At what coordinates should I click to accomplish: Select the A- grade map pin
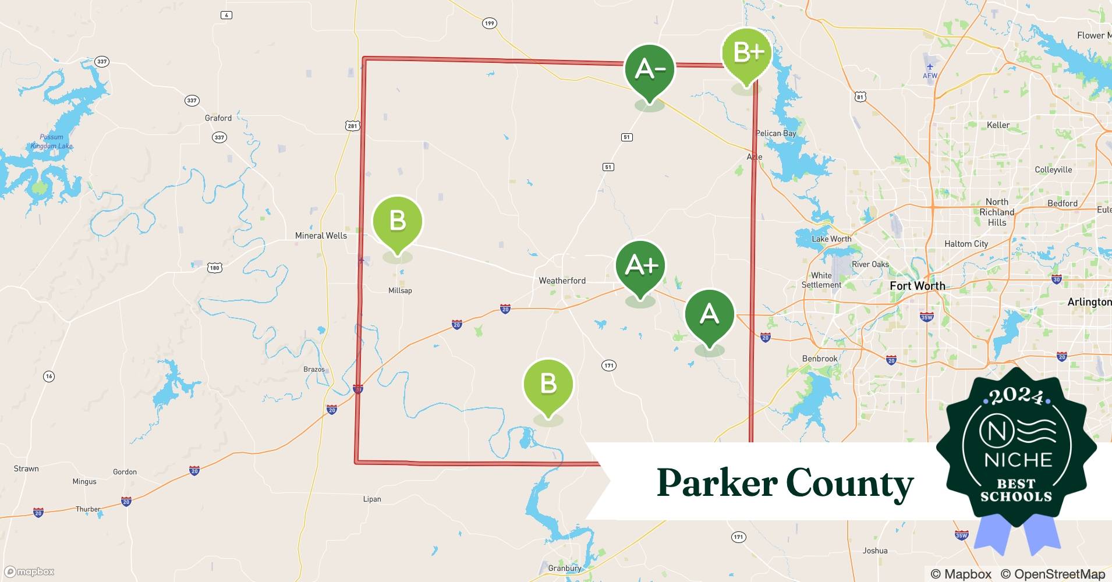(649, 70)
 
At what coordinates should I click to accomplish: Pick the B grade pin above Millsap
(398, 222)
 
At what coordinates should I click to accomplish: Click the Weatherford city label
(562, 281)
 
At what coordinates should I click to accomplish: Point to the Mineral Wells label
(321, 236)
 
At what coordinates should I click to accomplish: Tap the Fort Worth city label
(917, 286)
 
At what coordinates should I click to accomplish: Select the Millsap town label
(400, 290)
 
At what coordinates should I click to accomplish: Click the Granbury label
(564, 568)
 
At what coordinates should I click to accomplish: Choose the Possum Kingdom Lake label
(52, 141)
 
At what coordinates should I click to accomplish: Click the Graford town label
(218, 118)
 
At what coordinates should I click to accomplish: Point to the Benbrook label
(820, 359)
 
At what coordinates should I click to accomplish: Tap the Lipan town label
(372, 499)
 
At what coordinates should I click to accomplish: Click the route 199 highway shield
(489, 23)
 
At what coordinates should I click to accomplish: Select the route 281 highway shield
(352, 126)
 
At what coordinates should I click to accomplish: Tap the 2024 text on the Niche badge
(1017, 396)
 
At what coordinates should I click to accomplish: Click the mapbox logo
(30, 572)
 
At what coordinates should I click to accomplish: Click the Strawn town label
(26, 469)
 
